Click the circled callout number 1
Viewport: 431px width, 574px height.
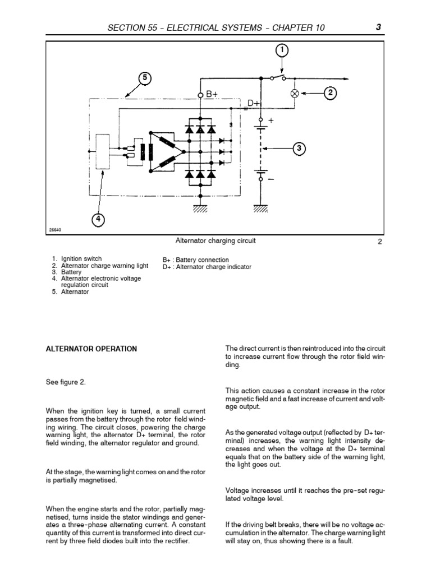pyautogui.click(x=282, y=51)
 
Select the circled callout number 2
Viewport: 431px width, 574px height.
pyautogui.click(x=332, y=94)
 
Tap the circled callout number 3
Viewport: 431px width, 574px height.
pyautogui.click(x=300, y=149)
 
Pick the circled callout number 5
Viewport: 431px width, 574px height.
pyautogui.click(x=145, y=78)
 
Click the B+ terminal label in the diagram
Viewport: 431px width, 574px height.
pyautogui.click(x=212, y=95)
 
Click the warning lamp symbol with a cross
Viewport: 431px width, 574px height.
pyautogui.click(x=294, y=94)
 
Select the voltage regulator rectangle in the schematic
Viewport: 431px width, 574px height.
pyautogui.click(x=103, y=151)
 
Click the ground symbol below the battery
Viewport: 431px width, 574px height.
pyautogui.click(x=261, y=209)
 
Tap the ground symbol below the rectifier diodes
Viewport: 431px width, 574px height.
pyautogui.click(x=201, y=209)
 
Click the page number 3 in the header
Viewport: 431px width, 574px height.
pyautogui.click(x=379, y=27)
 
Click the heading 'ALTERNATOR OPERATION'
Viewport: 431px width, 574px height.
pyautogui.click(x=91, y=349)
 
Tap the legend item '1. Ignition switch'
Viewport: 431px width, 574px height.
pyautogui.click(x=81, y=260)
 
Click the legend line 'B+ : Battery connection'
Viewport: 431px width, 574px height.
pyautogui.click(x=196, y=260)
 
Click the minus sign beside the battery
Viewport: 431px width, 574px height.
pyautogui.click(x=272, y=179)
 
